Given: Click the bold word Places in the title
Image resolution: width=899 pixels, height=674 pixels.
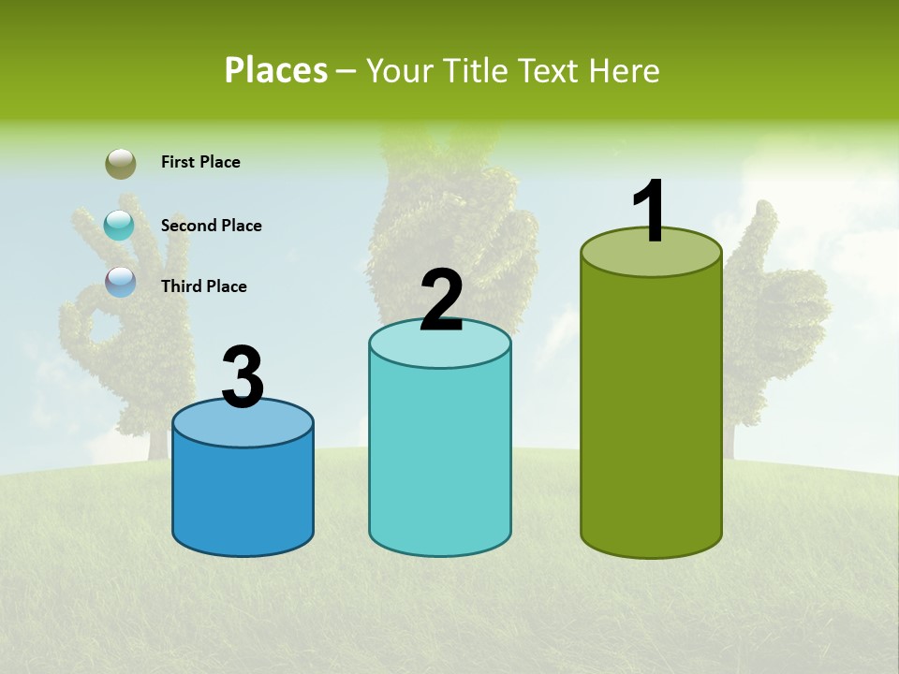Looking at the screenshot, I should pos(276,70).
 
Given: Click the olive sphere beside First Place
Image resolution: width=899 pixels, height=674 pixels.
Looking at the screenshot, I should pos(120,164).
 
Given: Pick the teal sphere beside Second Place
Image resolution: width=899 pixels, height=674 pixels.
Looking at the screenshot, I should pos(119,225).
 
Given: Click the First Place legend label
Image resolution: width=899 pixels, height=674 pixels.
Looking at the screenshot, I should pos(200,162).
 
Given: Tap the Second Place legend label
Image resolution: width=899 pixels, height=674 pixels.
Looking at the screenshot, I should pos(211,226).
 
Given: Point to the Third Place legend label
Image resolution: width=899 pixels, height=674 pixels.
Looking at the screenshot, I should pos(203,286).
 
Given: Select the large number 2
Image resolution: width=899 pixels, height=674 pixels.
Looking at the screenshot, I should pos(441,300).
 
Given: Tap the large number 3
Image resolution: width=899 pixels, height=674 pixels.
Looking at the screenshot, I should pos(243,377).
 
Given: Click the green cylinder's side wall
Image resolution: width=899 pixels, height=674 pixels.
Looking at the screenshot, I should pos(651,412).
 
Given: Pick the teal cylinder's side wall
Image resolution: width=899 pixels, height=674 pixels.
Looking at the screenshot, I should pos(440,459).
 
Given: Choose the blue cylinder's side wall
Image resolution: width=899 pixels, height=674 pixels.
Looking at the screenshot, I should pos(243,496).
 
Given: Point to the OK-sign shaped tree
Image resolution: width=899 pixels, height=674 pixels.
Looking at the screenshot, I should pos(112,300).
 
